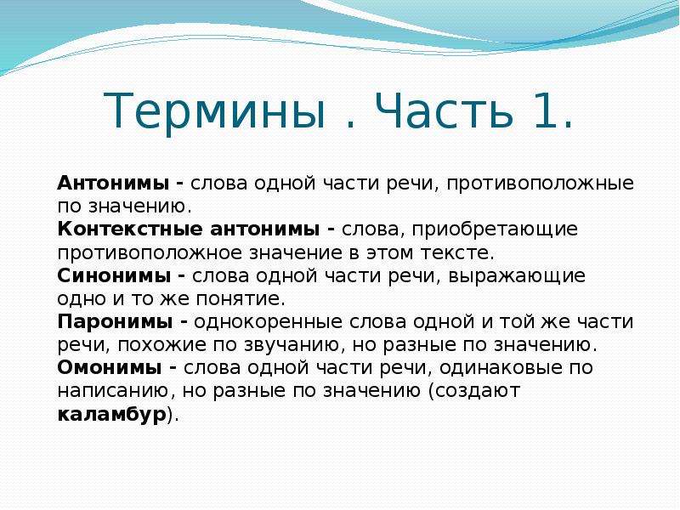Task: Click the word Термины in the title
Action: click(215, 111)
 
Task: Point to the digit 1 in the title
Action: click(547, 110)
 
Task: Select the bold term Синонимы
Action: click(114, 275)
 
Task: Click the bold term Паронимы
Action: click(115, 322)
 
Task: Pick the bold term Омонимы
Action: click(110, 368)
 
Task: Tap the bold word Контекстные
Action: click(130, 229)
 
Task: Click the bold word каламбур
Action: click(112, 414)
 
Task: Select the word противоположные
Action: click(541, 184)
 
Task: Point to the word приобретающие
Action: click(495, 229)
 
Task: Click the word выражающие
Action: click(517, 277)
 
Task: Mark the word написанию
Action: click(112, 391)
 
